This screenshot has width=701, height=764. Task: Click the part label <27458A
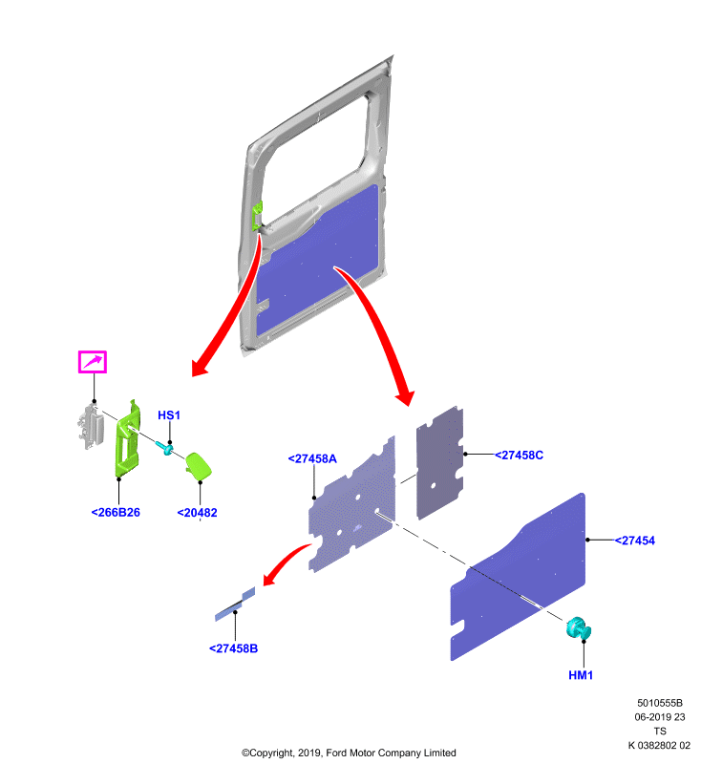pos(312,458)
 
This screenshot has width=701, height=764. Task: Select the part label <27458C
pos(519,456)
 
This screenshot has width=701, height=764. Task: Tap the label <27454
pos(635,541)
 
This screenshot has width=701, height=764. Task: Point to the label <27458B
pos(233,648)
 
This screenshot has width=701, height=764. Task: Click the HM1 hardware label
pos(581,675)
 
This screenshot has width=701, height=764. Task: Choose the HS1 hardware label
pos(169,415)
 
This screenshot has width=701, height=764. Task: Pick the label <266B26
pos(116,513)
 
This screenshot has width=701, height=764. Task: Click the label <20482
pos(197,513)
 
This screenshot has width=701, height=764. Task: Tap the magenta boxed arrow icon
pos(93,362)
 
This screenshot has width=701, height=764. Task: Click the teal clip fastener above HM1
pos(578,628)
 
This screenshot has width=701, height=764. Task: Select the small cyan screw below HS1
pos(164,447)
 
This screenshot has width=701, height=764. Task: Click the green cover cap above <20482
pos(198,466)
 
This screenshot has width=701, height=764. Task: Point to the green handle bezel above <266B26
pos(128,438)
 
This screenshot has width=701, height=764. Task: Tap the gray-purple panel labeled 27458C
pos(440,463)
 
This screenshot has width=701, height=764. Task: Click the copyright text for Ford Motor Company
pos(349,753)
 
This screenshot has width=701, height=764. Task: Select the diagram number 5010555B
pos(660,703)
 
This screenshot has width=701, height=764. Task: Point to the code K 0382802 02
pos(659,746)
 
